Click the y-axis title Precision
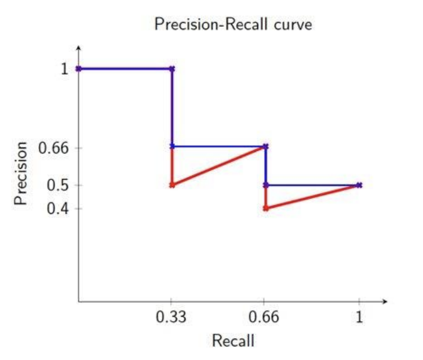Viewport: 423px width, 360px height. point(21,174)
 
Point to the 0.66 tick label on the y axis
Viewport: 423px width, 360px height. point(55,149)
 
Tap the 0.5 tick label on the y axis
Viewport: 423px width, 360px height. point(58,185)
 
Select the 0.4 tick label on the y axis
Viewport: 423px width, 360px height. point(58,208)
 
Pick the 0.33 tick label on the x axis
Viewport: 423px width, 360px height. point(171,317)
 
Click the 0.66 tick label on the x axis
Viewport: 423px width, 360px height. point(265,317)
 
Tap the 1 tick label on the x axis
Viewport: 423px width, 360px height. point(359,317)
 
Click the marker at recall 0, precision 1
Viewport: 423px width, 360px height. point(78,68)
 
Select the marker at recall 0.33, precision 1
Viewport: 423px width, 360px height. point(172,68)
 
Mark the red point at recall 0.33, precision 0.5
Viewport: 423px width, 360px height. point(172,185)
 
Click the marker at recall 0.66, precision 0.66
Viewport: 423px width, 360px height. point(265,146)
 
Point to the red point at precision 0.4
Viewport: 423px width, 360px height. point(265,208)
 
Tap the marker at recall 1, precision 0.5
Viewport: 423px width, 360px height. point(359,185)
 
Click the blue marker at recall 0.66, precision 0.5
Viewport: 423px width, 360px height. point(265,185)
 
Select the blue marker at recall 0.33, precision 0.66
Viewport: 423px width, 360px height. point(172,146)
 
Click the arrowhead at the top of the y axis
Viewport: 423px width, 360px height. point(78,47)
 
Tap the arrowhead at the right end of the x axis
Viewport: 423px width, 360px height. point(385,302)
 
